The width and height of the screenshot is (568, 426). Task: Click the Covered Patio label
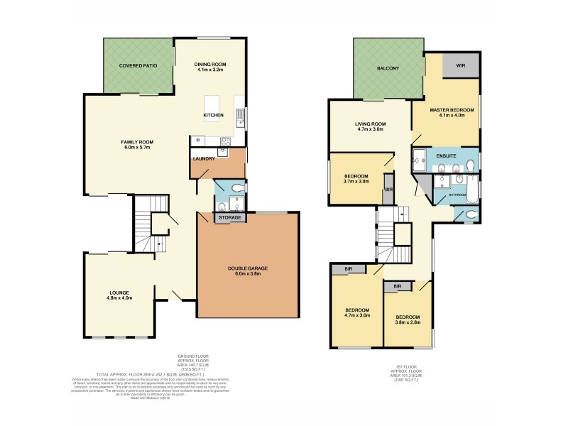pyautogui.click(x=138, y=65)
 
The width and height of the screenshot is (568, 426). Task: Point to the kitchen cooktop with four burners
pyautogui.click(x=226, y=138)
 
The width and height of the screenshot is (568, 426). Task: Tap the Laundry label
pyautogui.click(x=204, y=159)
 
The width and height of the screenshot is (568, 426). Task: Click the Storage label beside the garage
pyautogui.click(x=229, y=217)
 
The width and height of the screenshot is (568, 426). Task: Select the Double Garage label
pyautogui.click(x=247, y=268)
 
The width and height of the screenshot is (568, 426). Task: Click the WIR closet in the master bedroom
pyautogui.click(x=459, y=67)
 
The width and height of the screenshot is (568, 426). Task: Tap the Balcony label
pyautogui.click(x=387, y=68)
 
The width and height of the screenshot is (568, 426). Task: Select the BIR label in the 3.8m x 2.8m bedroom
pyautogui.click(x=398, y=286)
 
